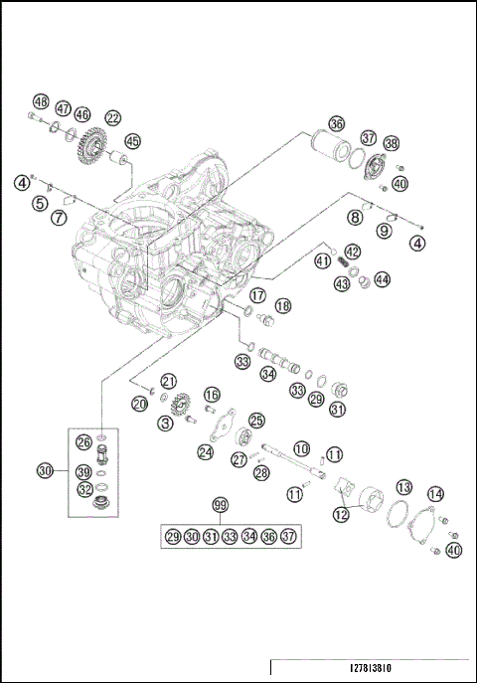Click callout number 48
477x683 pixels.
(x=41, y=101)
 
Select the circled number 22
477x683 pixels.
(x=113, y=117)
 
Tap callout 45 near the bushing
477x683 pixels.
(x=132, y=141)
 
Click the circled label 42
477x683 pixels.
(x=352, y=253)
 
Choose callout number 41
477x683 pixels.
(x=322, y=260)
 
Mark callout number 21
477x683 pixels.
(x=169, y=381)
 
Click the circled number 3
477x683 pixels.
(x=165, y=424)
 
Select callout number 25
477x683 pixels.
(x=256, y=421)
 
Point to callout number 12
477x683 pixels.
(x=341, y=514)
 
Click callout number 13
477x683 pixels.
(x=404, y=487)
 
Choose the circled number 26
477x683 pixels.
(x=84, y=442)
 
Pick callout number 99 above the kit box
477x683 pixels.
(x=220, y=505)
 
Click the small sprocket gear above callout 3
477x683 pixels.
(x=180, y=407)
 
